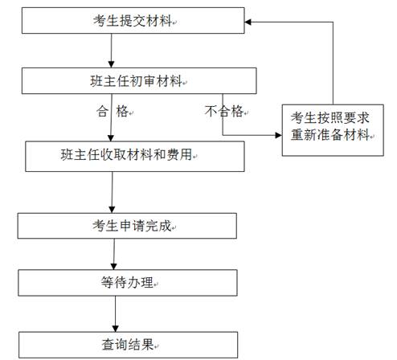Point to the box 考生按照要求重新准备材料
[x=331, y=126]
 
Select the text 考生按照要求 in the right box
[x=330, y=117]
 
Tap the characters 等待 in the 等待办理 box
[x=114, y=283]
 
